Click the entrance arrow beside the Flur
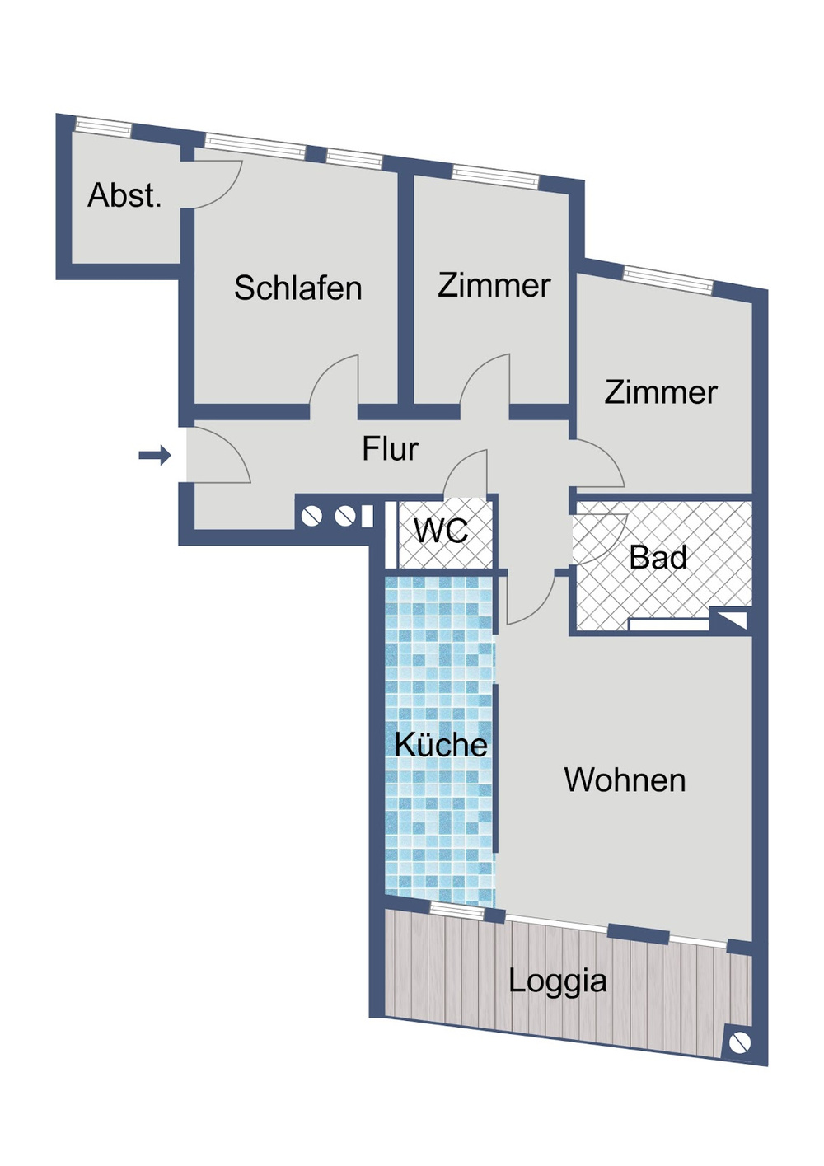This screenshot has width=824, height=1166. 155,455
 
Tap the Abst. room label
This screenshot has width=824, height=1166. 124,196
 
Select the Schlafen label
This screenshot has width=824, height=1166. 297,288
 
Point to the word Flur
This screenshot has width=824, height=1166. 390,449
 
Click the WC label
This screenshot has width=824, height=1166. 441,531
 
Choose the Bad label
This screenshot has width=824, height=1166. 658,558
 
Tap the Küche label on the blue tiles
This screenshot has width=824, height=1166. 441,745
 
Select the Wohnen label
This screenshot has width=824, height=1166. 625,780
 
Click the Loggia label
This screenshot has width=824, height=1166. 557,981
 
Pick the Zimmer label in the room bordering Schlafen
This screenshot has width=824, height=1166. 494,285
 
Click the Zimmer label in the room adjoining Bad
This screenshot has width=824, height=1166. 661,392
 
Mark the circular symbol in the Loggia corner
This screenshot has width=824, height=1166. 739,1042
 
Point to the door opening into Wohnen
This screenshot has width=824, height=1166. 527,597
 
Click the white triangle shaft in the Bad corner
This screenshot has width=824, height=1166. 733,620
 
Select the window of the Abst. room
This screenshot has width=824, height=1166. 104,126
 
